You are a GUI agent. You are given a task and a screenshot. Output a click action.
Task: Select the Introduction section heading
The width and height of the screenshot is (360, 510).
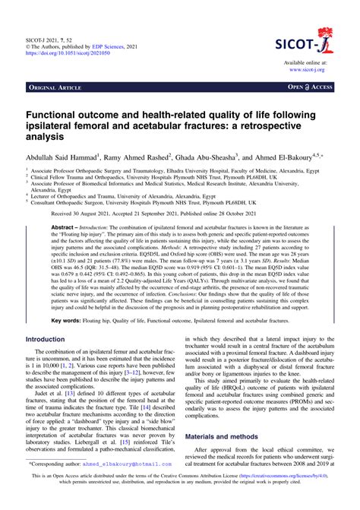coord(51,360)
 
